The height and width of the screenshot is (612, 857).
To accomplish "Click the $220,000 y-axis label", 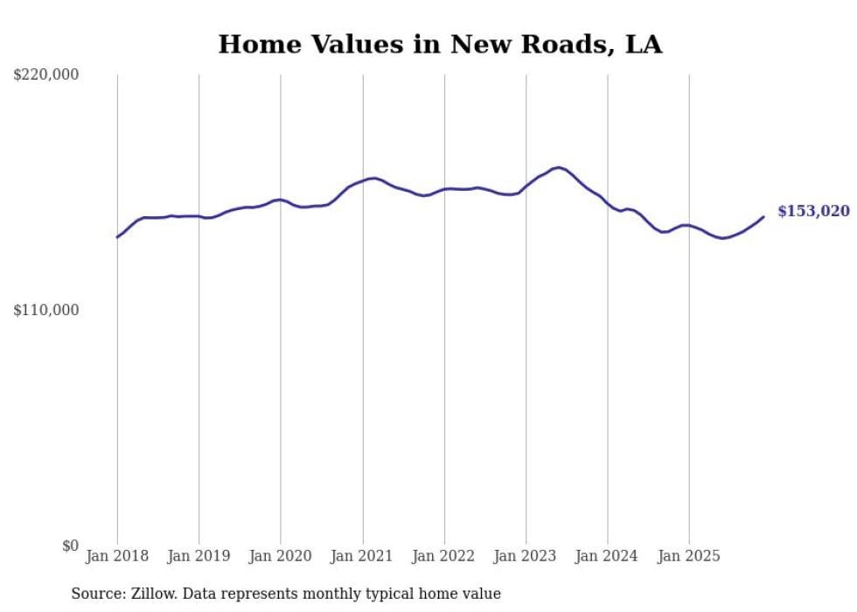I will coord(46,75).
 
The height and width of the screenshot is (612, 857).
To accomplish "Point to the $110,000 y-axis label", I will coord(46,310).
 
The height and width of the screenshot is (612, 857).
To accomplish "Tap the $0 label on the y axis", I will coord(70,546).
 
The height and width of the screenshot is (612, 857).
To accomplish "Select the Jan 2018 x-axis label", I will coord(117,556).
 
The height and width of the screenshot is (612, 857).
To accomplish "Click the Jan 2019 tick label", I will coord(199,556).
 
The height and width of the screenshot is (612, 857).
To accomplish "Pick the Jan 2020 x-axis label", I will coord(280,556).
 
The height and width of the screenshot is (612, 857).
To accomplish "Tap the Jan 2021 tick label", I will coord(362,556).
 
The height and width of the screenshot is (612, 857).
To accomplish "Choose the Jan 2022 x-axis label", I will coord(444,556).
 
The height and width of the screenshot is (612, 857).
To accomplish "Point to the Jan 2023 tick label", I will coord(526,556).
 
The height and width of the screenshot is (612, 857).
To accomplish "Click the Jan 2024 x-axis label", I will coord(607,556).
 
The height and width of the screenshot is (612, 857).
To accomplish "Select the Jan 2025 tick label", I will coord(689,556).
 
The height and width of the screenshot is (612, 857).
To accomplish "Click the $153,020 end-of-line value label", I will coord(812,211).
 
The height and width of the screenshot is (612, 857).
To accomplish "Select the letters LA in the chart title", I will coord(643,45).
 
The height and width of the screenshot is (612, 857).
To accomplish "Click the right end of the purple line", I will coord(763,217).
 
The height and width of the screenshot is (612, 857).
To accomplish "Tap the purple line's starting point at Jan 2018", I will coord(117,237).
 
